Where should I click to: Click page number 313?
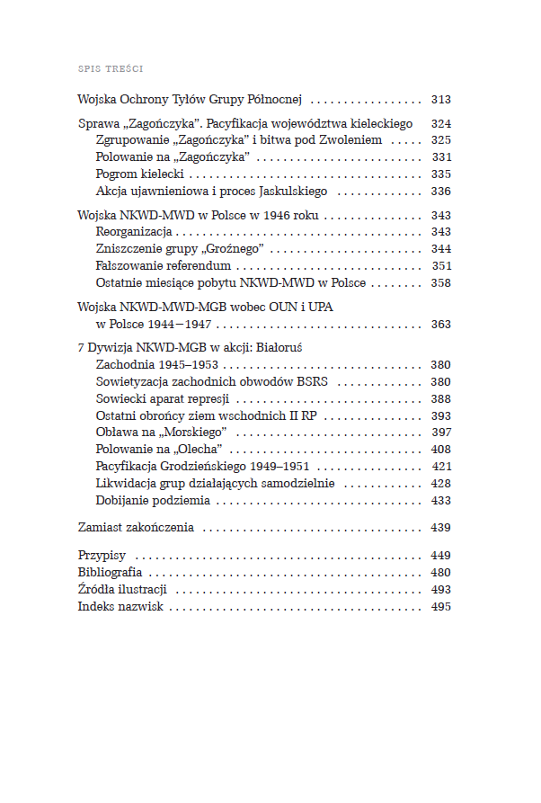coord(440,100)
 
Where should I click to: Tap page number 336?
coord(440,192)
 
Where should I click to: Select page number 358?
coord(440,283)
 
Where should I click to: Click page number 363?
coord(440,325)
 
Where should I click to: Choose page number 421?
coord(441,467)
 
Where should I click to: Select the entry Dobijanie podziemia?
coord(153,501)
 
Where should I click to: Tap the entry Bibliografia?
coord(110,573)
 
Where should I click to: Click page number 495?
coord(440,607)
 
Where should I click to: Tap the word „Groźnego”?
coord(229,249)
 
